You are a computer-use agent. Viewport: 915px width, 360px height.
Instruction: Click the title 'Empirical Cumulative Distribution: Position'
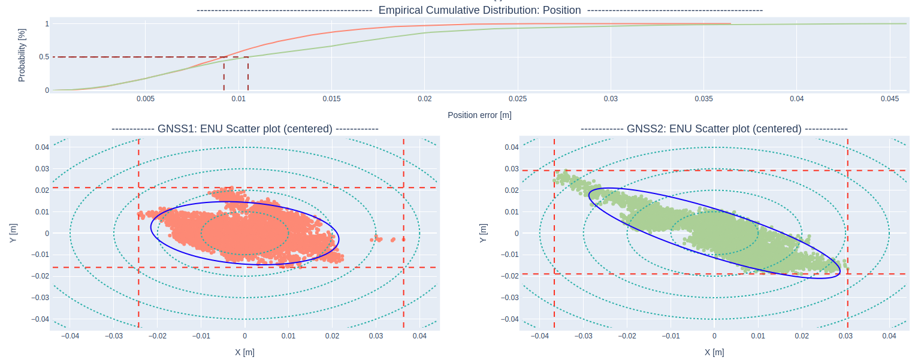click(479, 10)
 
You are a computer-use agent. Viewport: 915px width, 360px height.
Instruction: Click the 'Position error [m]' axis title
click(479, 115)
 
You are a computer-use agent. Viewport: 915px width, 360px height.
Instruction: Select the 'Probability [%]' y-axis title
click(22, 55)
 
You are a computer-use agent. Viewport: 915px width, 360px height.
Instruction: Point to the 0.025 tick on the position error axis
click(518, 98)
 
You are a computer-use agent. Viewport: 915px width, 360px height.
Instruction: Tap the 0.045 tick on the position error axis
click(890, 98)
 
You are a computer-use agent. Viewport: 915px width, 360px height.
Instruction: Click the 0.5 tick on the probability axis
click(44, 57)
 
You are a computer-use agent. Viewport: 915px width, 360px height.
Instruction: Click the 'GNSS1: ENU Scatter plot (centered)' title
click(244, 129)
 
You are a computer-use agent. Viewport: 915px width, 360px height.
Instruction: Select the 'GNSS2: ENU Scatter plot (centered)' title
click(714, 129)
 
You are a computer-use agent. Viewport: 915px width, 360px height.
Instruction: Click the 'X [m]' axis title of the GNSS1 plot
click(244, 352)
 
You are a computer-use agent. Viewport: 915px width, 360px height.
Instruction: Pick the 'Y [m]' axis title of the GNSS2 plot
click(483, 233)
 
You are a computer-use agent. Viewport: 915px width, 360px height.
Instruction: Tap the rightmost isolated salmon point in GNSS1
click(403, 239)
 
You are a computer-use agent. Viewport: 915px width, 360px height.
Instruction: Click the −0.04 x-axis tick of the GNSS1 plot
click(70, 336)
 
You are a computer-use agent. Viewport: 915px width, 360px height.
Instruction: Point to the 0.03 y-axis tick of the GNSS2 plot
click(511, 169)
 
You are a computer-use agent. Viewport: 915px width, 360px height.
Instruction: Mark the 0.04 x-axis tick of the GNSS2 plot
click(889, 336)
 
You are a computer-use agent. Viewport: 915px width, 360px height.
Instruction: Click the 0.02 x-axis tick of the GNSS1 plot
click(332, 336)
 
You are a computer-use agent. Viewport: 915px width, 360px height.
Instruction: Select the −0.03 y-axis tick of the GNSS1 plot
click(41, 298)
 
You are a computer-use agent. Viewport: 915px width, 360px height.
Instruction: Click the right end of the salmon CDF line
click(730, 24)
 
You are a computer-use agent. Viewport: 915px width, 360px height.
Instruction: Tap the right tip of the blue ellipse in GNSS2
click(840, 271)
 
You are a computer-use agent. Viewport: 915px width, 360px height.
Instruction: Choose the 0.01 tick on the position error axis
click(238, 98)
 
